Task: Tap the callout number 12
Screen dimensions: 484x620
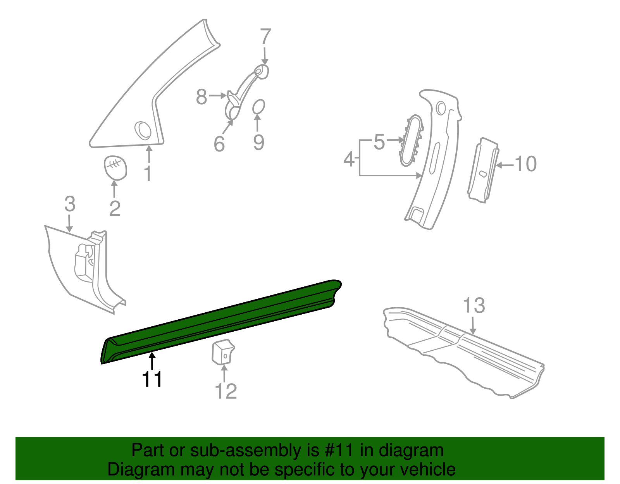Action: coord(226,391)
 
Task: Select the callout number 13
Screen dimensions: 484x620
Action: coord(474,306)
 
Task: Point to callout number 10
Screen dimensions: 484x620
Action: coord(525,164)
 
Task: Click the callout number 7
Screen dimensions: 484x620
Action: coord(265,37)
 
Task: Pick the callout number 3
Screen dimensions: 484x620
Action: coord(70,204)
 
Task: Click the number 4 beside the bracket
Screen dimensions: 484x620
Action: coord(349,159)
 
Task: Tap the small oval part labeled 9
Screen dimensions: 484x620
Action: coord(258,107)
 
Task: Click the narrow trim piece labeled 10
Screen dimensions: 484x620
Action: coord(483,171)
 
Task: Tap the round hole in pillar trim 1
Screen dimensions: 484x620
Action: coord(143,130)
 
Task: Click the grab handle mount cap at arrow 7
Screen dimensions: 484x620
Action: coord(262,72)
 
